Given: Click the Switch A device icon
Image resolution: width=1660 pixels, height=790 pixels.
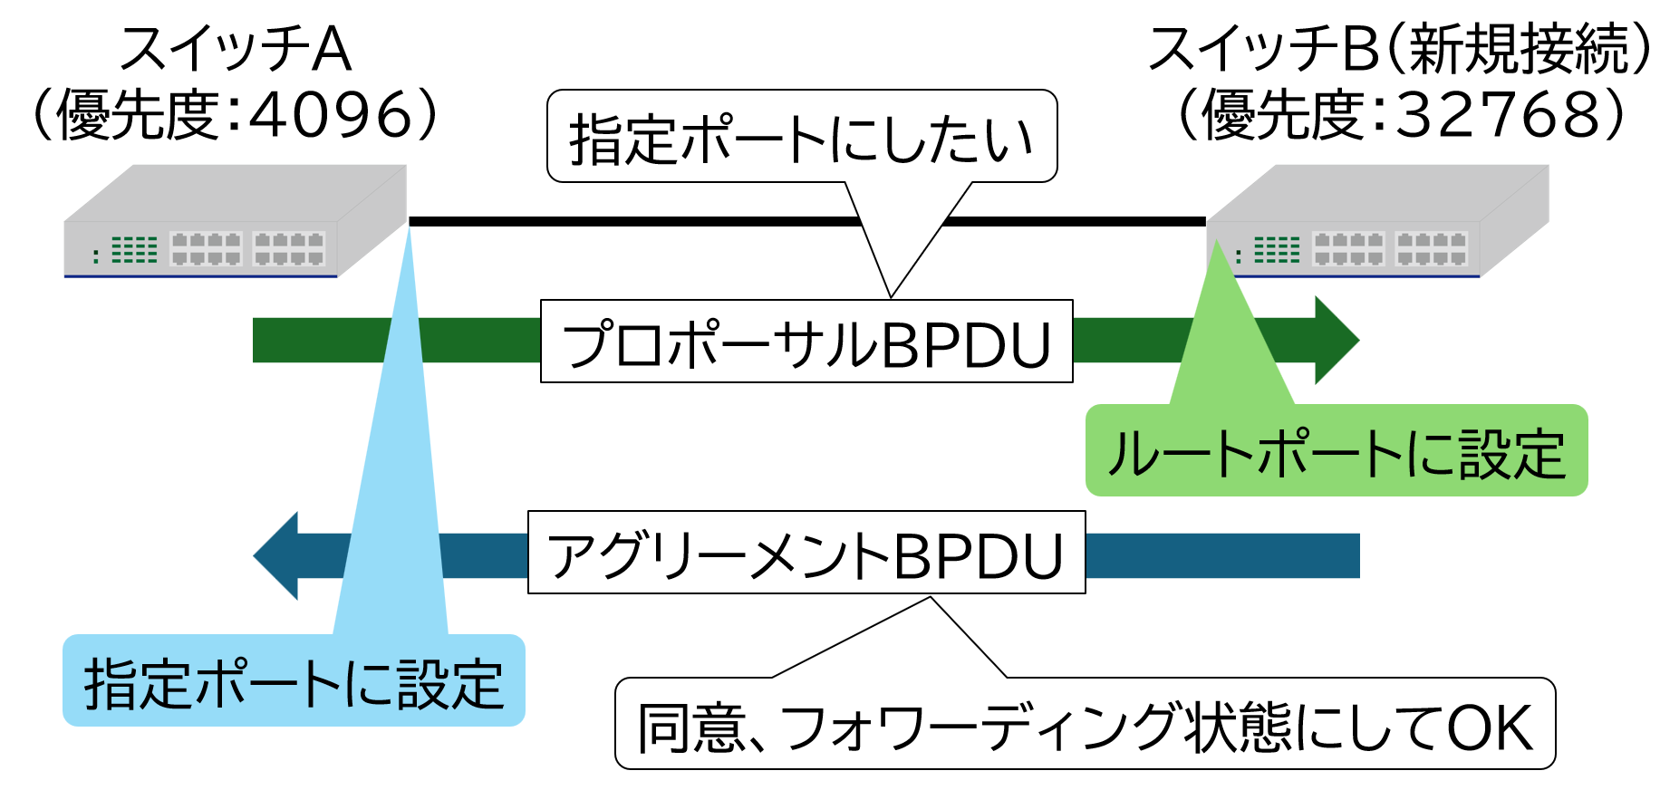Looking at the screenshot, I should click(x=236, y=222).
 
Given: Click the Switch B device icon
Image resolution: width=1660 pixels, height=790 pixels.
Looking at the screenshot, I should click(x=1377, y=222).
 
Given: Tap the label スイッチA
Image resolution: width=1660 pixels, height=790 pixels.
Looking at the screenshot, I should click(x=235, y=49).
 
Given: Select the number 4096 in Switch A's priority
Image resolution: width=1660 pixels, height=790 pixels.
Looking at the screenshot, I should click(x=332, y=115).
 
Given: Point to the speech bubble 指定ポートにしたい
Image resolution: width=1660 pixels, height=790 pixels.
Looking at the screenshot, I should click(x=802, y=137).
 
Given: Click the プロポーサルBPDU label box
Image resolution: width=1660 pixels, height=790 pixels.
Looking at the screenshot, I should click(x=806, y=342).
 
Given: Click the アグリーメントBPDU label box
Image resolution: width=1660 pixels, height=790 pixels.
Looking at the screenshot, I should click(x=806, y=553).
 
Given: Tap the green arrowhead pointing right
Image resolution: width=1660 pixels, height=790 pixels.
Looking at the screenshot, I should click(x=1335, y=340).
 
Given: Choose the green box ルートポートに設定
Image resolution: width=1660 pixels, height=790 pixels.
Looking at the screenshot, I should click(x=1337, y=451).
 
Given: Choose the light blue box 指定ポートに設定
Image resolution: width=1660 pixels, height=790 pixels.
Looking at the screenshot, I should click(x=294, y=681).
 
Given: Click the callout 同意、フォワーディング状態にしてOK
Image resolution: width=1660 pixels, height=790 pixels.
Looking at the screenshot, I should click(x=1085, y=725).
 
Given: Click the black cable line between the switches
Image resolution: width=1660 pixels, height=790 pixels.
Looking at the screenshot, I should click(x=634, y=221).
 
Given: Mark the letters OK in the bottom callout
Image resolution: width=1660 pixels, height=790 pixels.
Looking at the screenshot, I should click(x=1490, y=727).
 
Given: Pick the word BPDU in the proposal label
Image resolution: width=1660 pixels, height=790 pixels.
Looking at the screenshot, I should click(x=966, y=344).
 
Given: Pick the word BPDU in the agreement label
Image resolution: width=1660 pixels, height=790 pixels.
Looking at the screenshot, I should click(x=979, y=555).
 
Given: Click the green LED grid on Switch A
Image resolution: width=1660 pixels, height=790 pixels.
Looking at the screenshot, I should click(x=134, y=249).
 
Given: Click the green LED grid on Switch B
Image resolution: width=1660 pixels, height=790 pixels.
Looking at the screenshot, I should click(x=1277, y=249).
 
